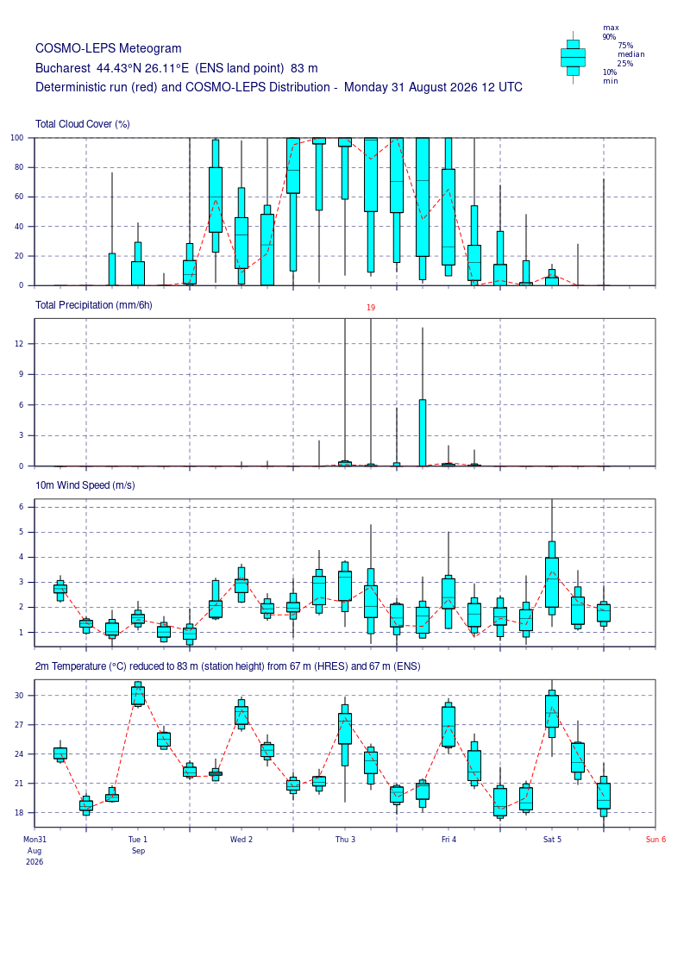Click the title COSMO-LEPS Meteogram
click(x=109, y=48)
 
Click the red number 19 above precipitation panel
click(x=371, y=307)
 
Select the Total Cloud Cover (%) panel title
click(x=83, y=124)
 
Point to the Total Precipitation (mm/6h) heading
click(x=94, y=305)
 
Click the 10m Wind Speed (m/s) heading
click(x=85, y=485)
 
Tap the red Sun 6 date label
click(x=655, y=840)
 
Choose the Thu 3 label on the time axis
click(x=345, y=840)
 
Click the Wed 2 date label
click(x=241, y=840)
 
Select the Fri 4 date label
click(x=448, y=840)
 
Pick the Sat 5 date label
click(x=552, y=840)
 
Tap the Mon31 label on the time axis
click(x=34, y=840)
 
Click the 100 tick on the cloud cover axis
click(x=16, y=138)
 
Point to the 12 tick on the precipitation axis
click(x=19, y=344)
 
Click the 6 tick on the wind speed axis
click(x=22, y=507)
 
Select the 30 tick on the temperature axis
click(x=19, y=696)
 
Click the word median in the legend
click(x=630, y=54)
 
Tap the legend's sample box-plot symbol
click(x=573, y=58)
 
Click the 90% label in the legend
click(x=609, y=37)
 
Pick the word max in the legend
click(x=611, y=28)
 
